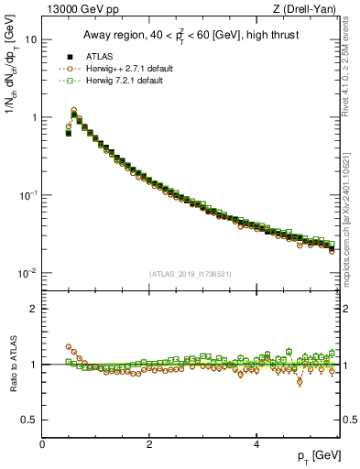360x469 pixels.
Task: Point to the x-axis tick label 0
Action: (x=42, y=444)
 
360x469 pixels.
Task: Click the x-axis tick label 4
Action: (x=256, y=444)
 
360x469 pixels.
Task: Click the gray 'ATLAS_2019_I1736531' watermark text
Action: (x=191, y=274)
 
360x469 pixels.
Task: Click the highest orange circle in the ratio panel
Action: (x=68, y=347)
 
